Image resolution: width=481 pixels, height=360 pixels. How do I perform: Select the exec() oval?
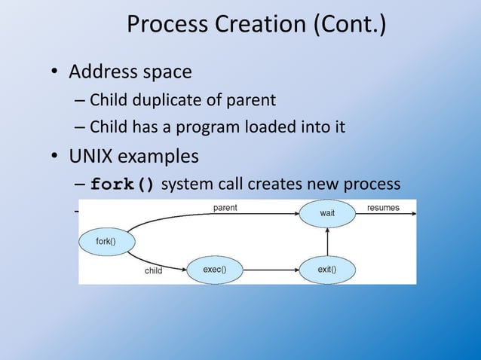pyautogui.click(x=215, y=269)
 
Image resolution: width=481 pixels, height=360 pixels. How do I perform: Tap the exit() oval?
pyautogui.click(x=326, y=269)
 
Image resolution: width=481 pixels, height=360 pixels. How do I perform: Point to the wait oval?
pyautogui.click(x=326, y=213)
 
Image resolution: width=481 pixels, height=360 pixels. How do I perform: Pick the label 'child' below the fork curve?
pyautogui.click(x=155, y=271)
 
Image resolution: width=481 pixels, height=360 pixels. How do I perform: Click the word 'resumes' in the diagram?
pyautogui.click(x=383, y=207)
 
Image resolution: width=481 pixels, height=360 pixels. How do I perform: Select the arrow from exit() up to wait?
pyautogui.click(x=327, y=241)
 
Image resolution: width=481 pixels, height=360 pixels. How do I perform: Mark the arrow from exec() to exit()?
pyautogui.click(x=271, y=269)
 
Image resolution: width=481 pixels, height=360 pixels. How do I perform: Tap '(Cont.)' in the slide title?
pyautogui.click(x=346, y=26)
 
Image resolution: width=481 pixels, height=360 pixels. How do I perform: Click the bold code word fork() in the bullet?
pyautogui.click(x=123, y=185)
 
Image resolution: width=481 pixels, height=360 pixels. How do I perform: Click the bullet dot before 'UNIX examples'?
pyautogui.click(x=55, y=158)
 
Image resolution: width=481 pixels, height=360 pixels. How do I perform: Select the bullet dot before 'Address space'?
pyautogui.click(x=55, y=73)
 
